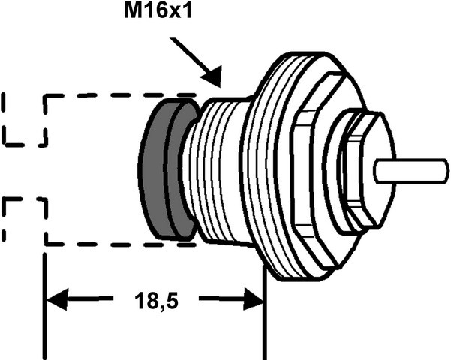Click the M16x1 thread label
(158, 11)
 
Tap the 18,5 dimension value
(157, 301)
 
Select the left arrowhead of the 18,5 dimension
(57, 299)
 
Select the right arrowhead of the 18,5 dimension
(254, 299)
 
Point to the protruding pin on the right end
(411, 171)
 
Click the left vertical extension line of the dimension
(44, 306)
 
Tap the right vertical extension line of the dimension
(265, 312)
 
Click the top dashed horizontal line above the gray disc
(121, 95)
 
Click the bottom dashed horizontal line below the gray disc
(121, 244)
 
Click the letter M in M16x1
(132, 11)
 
